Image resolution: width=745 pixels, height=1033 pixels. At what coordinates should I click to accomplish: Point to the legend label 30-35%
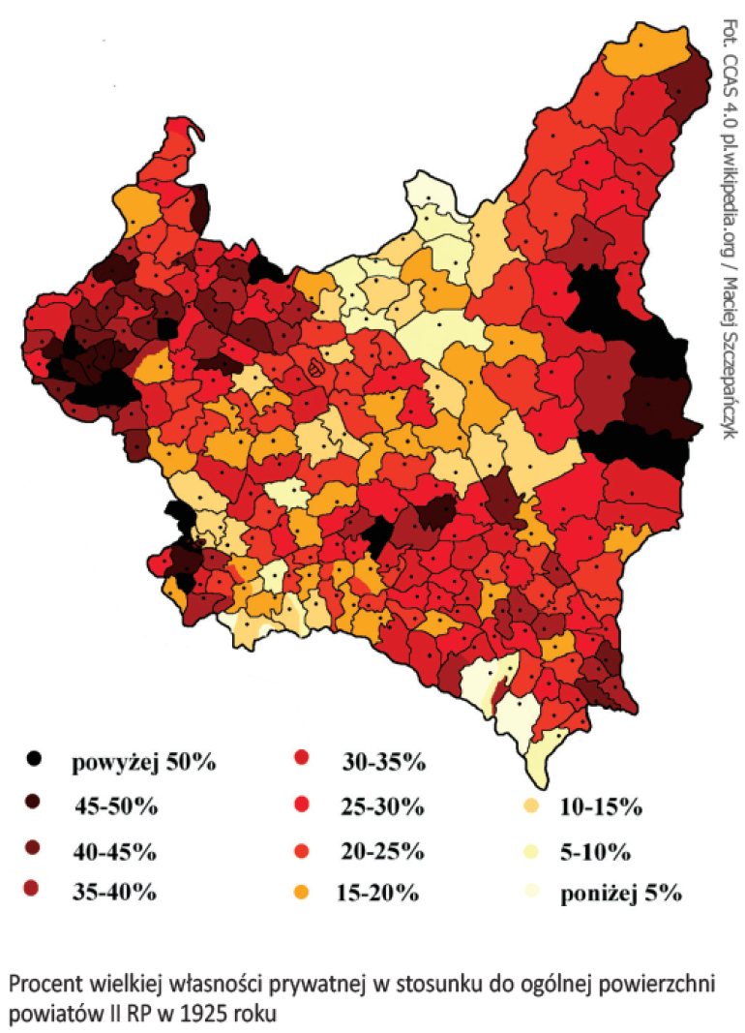click(x=384, y=761)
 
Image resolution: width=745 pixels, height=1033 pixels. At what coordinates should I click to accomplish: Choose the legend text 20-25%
click(x=382, y=851)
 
